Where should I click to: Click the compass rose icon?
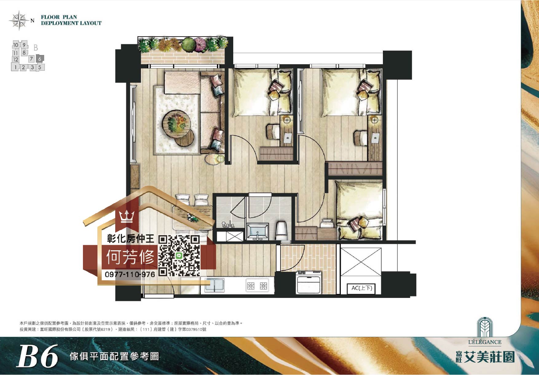tap(19, 21)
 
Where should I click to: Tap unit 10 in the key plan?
tap(16, 45)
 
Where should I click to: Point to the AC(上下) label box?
tap(362, 288)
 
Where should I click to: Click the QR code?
tap(179, 256)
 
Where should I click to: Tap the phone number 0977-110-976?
tap(130, 274)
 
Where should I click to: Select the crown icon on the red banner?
tap(127, 216)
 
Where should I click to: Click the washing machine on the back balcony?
tap(309, 282)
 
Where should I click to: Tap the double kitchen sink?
tap(214, 285)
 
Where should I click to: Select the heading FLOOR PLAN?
tap(59, 17)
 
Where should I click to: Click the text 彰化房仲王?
tap(131, 238)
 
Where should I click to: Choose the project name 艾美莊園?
tap(489, 357)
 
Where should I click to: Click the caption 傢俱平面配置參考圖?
tap(114, 356)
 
